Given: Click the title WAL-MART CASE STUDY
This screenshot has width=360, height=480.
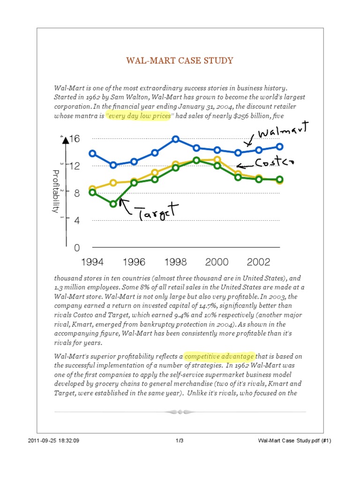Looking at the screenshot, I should point(180,61).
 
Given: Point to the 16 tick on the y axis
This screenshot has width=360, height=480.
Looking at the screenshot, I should point(75,139).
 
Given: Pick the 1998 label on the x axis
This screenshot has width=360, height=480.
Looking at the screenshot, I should point(175,262).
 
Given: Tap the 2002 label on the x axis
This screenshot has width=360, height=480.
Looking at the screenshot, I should point(259,262).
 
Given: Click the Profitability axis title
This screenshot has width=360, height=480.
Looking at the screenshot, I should point(56,191).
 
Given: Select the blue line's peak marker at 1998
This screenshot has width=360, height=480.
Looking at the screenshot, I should point(175,139).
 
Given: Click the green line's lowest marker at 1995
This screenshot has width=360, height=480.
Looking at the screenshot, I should point(113,204).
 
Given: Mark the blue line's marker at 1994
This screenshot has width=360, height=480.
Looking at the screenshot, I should point(92,153).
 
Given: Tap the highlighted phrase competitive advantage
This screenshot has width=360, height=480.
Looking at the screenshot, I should point(219,355).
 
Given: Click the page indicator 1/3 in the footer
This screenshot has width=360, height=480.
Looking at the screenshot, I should point(180,441).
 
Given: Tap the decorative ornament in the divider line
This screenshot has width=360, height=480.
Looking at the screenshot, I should point(180,412).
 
